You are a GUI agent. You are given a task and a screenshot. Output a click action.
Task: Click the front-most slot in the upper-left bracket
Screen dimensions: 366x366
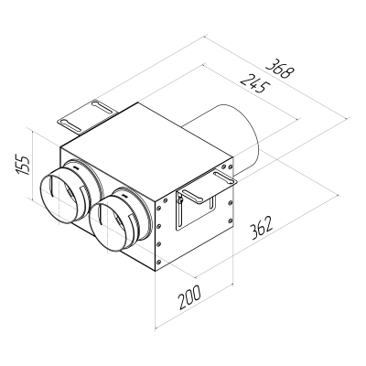[x=70, y=117]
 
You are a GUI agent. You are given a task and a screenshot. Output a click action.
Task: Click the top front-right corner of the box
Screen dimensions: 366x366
[x=161, y=190]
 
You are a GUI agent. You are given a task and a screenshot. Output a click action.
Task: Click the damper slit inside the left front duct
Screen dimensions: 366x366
[x=60, y=195]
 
